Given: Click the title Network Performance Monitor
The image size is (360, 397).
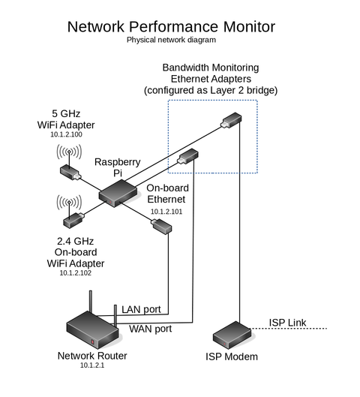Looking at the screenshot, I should click(171, 27).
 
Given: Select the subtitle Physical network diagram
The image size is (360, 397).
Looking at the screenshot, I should click(171, 40).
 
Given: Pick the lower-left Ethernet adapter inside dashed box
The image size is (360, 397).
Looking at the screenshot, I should click(187, 157).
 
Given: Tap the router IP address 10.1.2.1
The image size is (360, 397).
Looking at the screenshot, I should click(92, 365).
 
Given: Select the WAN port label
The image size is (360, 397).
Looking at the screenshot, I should click(150, 329).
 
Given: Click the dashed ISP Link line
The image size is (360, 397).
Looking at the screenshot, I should click(300, 329).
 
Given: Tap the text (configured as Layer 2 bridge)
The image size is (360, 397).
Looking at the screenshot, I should click(210, 90).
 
